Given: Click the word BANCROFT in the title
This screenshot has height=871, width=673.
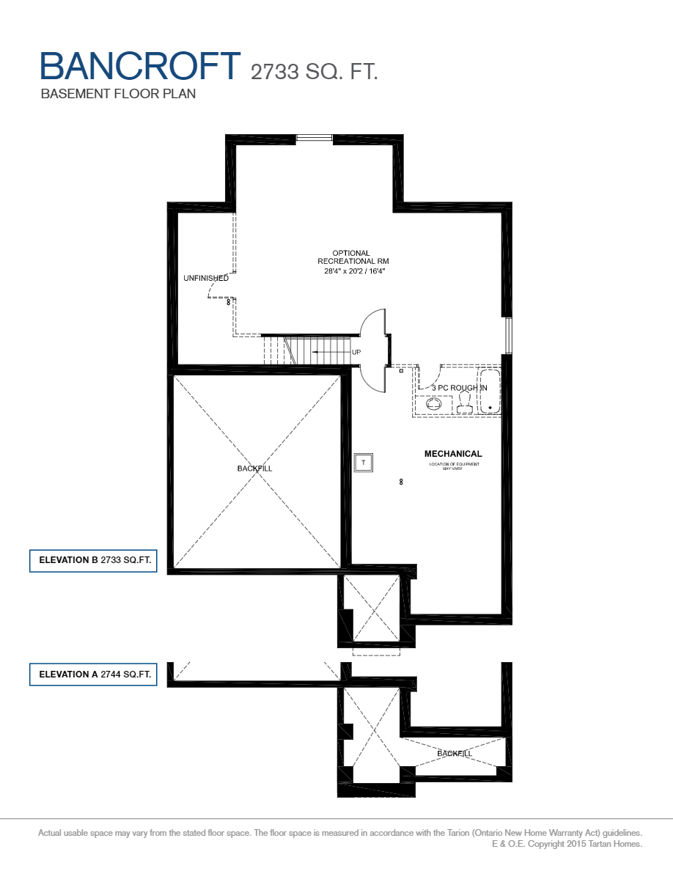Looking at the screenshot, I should pos(139,66).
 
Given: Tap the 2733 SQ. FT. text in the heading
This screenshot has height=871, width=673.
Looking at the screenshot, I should pos(314,71).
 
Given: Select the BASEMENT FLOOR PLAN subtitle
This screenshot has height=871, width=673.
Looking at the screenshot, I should pos(118,94).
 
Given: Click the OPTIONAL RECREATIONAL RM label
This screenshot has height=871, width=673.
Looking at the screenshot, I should pos(352,257).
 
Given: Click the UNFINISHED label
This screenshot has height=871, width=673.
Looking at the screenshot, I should pos(206,279).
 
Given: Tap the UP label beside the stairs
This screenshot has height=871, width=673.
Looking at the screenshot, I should pos(356,353).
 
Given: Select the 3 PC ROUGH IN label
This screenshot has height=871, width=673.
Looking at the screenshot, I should pos(459,388).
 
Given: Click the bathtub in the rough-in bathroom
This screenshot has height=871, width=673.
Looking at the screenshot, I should pos(488,392).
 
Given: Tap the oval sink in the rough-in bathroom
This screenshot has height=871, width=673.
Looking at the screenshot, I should pos(431,403).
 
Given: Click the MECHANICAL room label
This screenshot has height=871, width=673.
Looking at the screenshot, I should pos(453,454).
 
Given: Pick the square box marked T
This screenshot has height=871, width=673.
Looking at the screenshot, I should pos(364,463).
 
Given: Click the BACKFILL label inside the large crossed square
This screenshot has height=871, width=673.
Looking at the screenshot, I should pos(254,468).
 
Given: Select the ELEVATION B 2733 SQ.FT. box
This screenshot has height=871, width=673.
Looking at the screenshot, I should pos(93,561).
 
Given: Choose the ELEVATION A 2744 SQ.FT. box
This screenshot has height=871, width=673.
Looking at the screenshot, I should pos(93,674).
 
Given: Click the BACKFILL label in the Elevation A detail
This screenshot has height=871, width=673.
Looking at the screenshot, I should pos(455,754).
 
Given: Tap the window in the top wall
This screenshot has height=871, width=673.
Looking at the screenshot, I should pos(314,138).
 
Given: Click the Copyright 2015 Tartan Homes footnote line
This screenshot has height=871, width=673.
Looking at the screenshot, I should pos(567,844).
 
